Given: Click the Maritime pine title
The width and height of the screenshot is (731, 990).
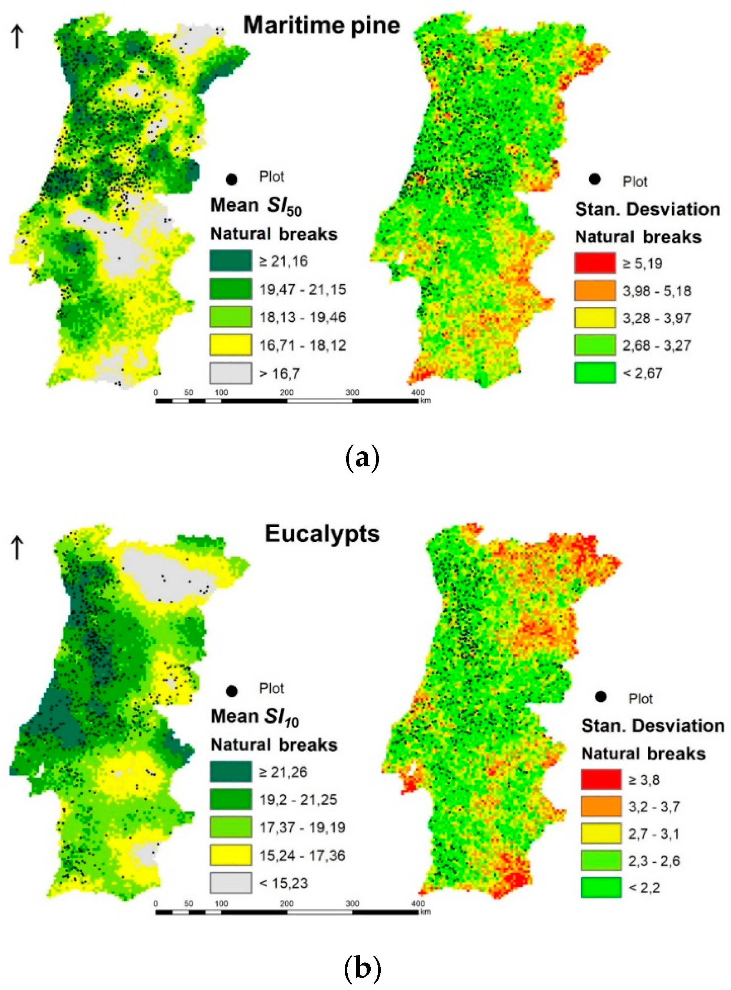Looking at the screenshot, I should click(x=322, y=25).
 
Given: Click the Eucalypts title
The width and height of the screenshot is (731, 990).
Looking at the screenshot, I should click(x=322, y=534).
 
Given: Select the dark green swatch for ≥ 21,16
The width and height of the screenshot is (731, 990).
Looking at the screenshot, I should click(x=231, y=261).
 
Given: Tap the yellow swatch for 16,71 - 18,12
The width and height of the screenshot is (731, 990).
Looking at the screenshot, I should click(x=231, y=345).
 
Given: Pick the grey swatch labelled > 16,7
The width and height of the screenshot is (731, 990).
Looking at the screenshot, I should click(x=231, y=373).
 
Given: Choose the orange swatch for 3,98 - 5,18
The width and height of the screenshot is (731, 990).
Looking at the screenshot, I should click(x=595, y=290).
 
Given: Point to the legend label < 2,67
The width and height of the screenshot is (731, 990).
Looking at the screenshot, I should click(x=643, y=373).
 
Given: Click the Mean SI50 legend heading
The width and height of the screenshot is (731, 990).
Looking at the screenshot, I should click(x=256, y=206).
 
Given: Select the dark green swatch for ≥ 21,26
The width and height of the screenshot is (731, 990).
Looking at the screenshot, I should click(x=231, y=772).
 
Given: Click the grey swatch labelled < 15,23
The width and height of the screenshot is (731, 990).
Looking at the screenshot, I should click(x=231, y=883).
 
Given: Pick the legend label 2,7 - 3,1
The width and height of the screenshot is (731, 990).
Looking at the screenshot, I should click(x=654, y=834).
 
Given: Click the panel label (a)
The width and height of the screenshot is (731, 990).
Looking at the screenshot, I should click(x=361, y=459).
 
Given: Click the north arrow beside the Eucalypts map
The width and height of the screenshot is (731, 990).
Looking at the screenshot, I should click(x=17, y=548).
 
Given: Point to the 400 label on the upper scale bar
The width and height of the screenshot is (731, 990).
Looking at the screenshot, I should click(x=418, y=392).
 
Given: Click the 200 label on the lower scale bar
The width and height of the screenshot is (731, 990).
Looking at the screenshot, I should click(x=286, y=903).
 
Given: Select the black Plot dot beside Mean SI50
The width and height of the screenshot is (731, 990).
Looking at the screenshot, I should click(x=231, y=179).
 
